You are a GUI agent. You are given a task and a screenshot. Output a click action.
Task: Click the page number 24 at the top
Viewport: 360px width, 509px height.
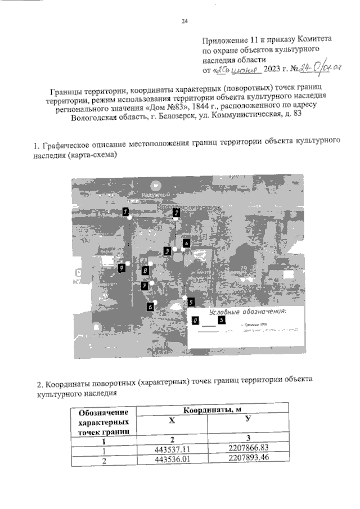[x=184, y=22]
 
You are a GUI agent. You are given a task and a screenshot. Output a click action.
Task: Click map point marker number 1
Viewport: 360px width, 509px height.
[x=127, y=211]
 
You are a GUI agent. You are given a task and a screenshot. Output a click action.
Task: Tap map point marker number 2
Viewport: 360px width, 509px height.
[x=176, y=213]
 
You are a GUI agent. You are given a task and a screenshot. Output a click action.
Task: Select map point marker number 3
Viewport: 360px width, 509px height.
[x=167, y=250]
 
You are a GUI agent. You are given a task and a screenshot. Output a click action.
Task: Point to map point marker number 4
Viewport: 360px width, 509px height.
[x=186, y=243]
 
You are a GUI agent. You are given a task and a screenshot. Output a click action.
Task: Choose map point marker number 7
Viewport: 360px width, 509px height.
[x=145, y=286]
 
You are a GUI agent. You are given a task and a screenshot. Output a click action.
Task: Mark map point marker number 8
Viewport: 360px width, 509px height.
[x=145, y=271]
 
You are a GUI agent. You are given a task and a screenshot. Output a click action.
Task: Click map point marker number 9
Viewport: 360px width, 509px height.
[x=121, y=268]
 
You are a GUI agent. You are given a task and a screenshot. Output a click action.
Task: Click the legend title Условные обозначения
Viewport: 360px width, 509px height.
[x=247, y=312]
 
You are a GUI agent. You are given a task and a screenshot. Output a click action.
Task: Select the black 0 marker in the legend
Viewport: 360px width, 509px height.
[x=195, y=320]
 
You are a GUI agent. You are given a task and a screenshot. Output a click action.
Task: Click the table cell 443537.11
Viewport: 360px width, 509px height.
[x=172, y=450]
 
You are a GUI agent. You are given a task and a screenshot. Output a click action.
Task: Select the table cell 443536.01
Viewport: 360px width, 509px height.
[x=172, y=461]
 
